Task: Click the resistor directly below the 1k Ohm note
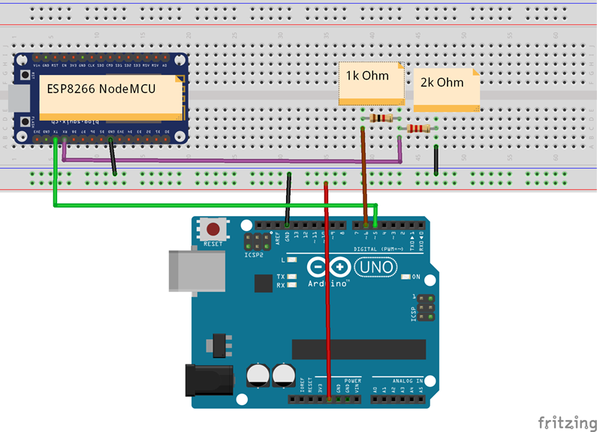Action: pos(381,118)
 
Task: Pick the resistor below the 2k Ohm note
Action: pos(418,129)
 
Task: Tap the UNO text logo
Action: pos(378,266)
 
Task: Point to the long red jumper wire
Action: pos(327,300)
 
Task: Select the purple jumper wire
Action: pos(225,160)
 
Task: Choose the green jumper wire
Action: pos(210,204)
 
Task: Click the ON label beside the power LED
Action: pos(417,277)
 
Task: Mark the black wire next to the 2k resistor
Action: pos(436,159)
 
